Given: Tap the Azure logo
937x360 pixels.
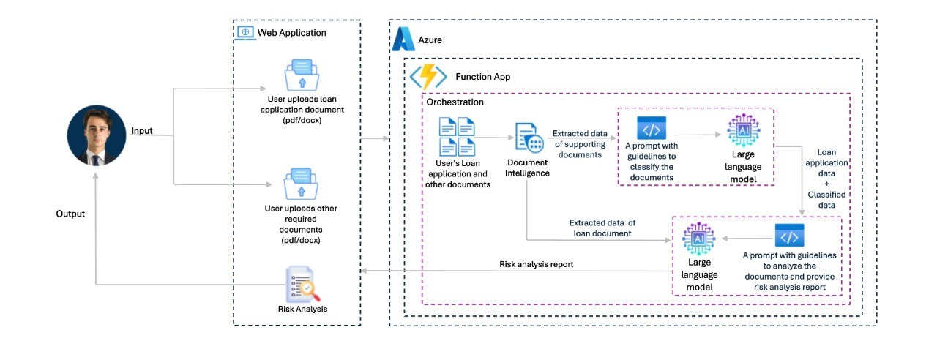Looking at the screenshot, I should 403,40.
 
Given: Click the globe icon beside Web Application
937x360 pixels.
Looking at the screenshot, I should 245,32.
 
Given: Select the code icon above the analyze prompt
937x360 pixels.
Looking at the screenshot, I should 788,237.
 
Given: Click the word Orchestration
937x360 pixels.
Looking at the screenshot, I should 455,102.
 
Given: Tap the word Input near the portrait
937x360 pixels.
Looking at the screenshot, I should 141,130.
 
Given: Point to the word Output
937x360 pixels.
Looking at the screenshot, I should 70,214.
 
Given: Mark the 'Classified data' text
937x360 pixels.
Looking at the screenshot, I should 826,200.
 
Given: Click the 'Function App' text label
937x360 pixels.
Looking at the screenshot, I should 482,77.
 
